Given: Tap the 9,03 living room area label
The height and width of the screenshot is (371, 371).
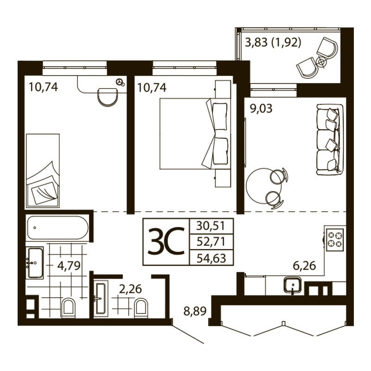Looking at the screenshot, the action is [x=261, y=109].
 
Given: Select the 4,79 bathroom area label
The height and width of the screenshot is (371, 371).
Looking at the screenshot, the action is [x=69, y=266].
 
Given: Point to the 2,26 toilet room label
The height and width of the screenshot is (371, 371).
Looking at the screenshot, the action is [x=130, y=289].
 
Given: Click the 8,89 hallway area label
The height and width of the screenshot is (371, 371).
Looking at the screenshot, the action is [x=195, y=311].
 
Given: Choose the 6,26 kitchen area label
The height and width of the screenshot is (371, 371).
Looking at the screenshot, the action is [x=304, y=266].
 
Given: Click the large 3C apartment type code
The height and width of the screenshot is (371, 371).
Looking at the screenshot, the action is [x=166, y=241].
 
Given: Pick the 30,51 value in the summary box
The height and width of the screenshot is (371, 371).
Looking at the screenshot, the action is [x=211, y=226].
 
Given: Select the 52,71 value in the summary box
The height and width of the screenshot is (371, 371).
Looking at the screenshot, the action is [x=211, y=242].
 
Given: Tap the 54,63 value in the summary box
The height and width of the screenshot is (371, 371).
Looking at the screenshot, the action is [x=211, y=258].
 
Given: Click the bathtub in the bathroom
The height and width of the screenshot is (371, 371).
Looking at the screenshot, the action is [x=58, y=228].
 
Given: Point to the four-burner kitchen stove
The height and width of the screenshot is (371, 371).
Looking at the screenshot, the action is [x=335, y=239].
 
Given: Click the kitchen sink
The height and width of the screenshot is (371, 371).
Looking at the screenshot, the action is [x=293, y=285].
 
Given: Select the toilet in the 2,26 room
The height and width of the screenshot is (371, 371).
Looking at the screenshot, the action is [x=141, y=307].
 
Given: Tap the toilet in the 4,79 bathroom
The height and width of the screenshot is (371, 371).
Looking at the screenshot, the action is [x=68, y=307].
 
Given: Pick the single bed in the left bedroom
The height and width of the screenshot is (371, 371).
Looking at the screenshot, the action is [x=43, y=171].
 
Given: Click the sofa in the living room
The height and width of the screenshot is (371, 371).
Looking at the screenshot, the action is [x=330, y=140].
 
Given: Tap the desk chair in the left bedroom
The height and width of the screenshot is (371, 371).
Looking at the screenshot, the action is [x=108, y=97].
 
